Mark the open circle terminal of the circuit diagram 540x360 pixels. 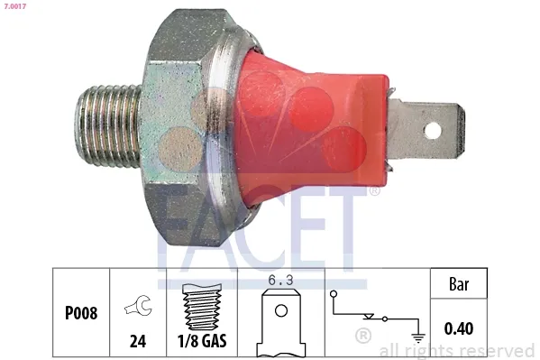(334, 294)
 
